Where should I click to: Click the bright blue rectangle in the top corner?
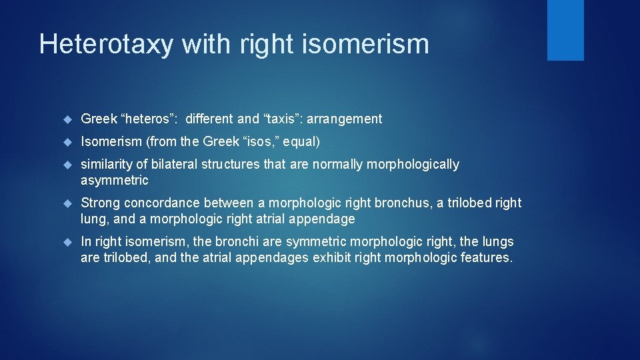(565, 30)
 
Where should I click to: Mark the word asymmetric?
(115, 181)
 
